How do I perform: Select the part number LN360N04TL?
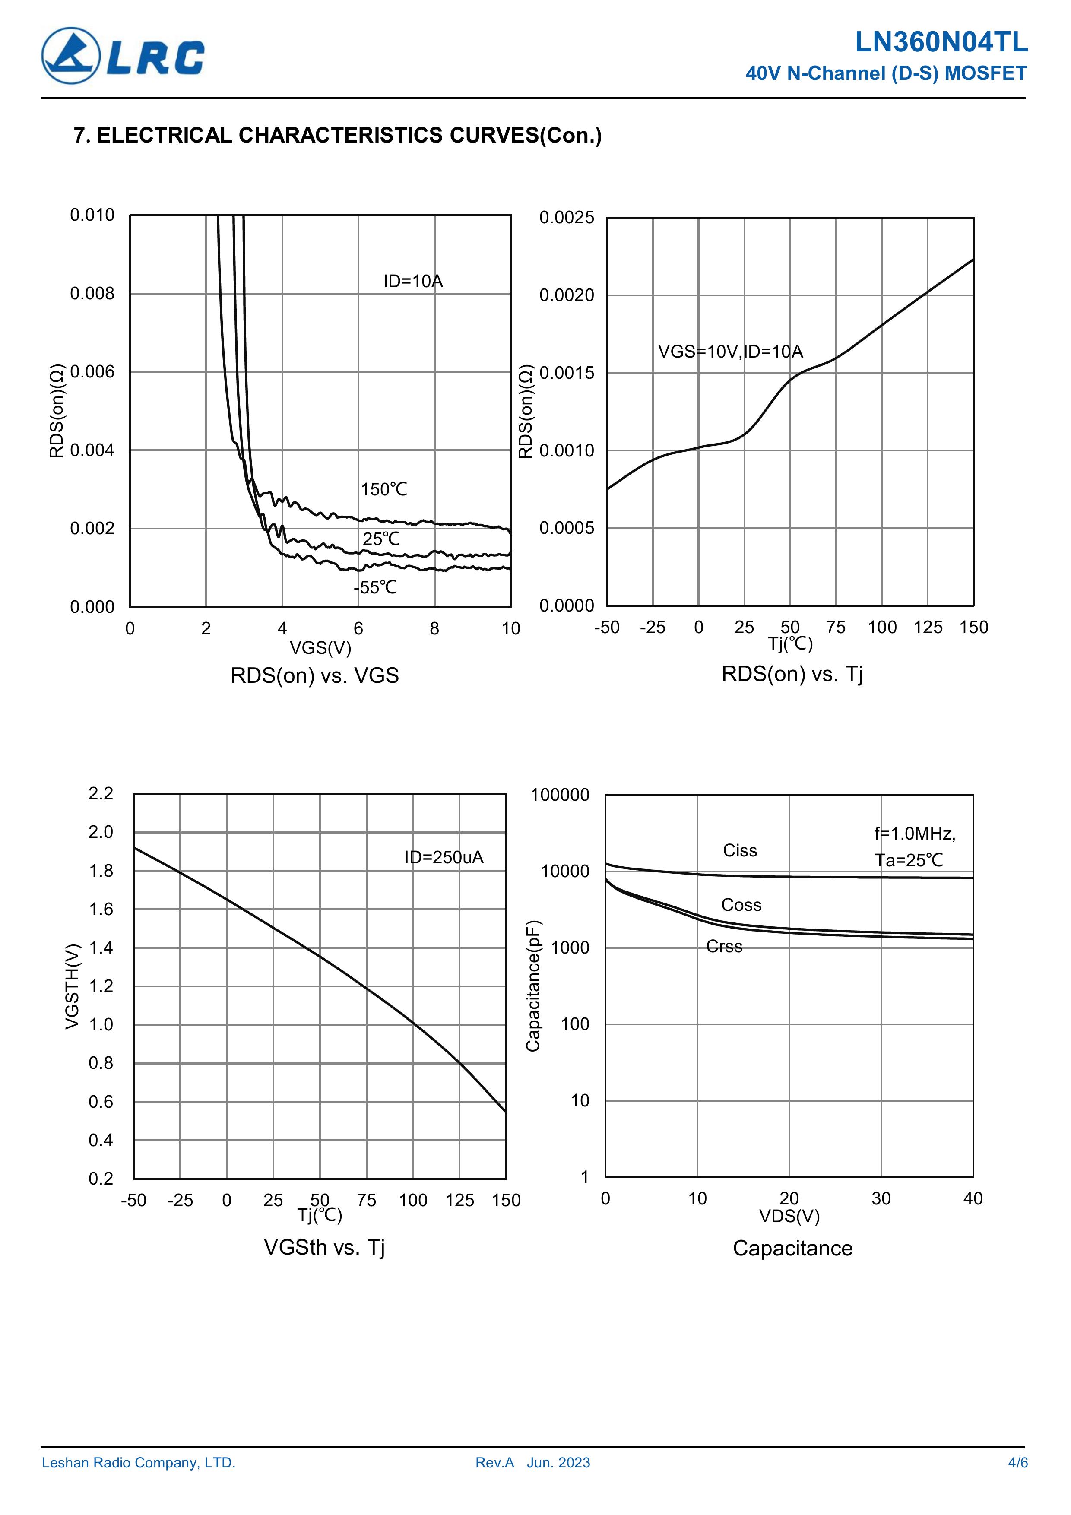coord(941,42)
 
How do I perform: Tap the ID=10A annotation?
coord(413,282)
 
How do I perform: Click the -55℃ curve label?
coord(375,587)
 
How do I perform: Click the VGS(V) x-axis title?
coord(321,647)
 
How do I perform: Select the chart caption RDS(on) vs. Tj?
coord(792,674)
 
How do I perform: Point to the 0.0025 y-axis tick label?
coord(566,218)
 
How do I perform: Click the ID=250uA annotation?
coord(444,857)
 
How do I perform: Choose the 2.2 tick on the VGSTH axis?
coord(101,793)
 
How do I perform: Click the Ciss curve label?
coord(740,850)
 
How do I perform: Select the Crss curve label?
coord(724,946)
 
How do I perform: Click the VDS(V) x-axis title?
coord(789,1216)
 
